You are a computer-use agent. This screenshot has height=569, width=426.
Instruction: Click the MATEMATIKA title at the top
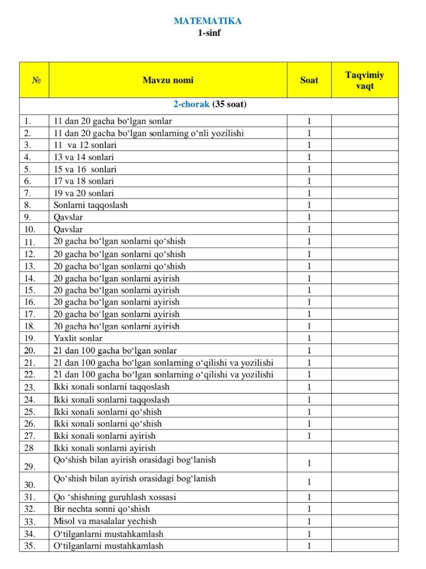[x=208, y=21]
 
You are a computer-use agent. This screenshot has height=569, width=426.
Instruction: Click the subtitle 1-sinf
[x=209, y=33]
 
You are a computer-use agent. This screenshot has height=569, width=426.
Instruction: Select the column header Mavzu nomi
[x=168, y=80]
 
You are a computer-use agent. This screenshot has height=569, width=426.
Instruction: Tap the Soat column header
[x=309, y=80]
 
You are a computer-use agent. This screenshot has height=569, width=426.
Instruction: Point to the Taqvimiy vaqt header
[x=365, y=80]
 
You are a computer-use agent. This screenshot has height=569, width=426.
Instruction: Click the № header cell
[x=36, y=80]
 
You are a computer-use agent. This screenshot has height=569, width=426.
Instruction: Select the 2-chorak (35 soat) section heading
[x=209, y=104]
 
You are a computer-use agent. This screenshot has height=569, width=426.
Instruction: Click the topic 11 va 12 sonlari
[x=85, y=145]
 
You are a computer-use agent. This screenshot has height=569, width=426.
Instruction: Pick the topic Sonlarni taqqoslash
[x=91, y=205]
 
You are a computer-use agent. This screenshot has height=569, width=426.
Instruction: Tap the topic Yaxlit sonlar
[x=78, y=338]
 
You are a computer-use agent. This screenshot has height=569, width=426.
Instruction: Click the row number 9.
[x=28, y=217]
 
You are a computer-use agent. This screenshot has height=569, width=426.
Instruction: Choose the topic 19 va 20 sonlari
[x=84, y=193]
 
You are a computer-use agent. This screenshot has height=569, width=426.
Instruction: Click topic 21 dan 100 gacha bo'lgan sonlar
[x=115, y=351]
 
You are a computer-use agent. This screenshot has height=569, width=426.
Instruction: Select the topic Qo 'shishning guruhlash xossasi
[x=115, y=497]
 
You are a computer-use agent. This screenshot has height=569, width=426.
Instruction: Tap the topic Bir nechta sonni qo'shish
[x=102, y=509]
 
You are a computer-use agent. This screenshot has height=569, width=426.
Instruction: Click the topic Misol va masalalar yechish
[x=105, y=521]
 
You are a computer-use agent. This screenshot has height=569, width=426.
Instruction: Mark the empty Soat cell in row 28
[x=309, y=448]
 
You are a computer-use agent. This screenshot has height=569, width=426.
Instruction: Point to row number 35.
[x=30, y=546]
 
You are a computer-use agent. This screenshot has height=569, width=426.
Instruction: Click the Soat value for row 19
[x=309, y=338]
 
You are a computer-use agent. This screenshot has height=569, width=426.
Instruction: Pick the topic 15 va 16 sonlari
[x=85, y=169]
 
